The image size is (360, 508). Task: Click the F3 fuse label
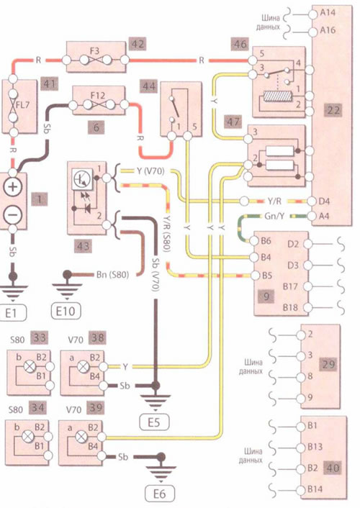95,51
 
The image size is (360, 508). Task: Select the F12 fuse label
98,96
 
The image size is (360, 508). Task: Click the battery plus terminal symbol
13,187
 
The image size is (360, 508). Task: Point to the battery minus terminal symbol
13,215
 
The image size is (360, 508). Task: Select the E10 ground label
66,311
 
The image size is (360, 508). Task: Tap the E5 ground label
154,422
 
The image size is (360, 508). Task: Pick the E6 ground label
159,494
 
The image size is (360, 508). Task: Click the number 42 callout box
138,44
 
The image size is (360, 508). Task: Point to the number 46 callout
240,43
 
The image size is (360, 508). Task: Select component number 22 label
333,110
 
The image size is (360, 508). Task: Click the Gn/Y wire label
274,215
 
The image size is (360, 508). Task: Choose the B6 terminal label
266,241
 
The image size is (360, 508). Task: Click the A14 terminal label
328,13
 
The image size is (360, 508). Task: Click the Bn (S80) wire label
112,275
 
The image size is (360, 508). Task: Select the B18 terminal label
290,307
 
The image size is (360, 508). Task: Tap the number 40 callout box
333,468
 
